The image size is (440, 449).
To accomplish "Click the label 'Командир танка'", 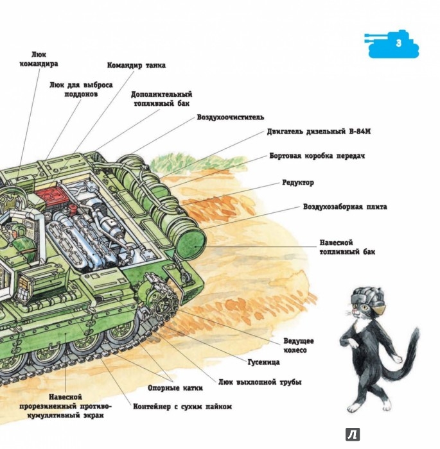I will (x=136, y=65).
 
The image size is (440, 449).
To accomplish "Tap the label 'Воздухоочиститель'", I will (x=231, y=117).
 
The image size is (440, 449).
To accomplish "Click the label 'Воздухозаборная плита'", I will (x=345, y=207).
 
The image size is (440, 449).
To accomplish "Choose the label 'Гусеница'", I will (x=265, y=362).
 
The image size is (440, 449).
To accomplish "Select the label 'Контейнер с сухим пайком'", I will (x=182, y=407).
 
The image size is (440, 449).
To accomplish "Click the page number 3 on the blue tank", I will (x=398, y=44).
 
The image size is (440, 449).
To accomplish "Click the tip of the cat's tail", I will (x=416, y=331).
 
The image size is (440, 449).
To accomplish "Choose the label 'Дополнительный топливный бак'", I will (x=161, y=98).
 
